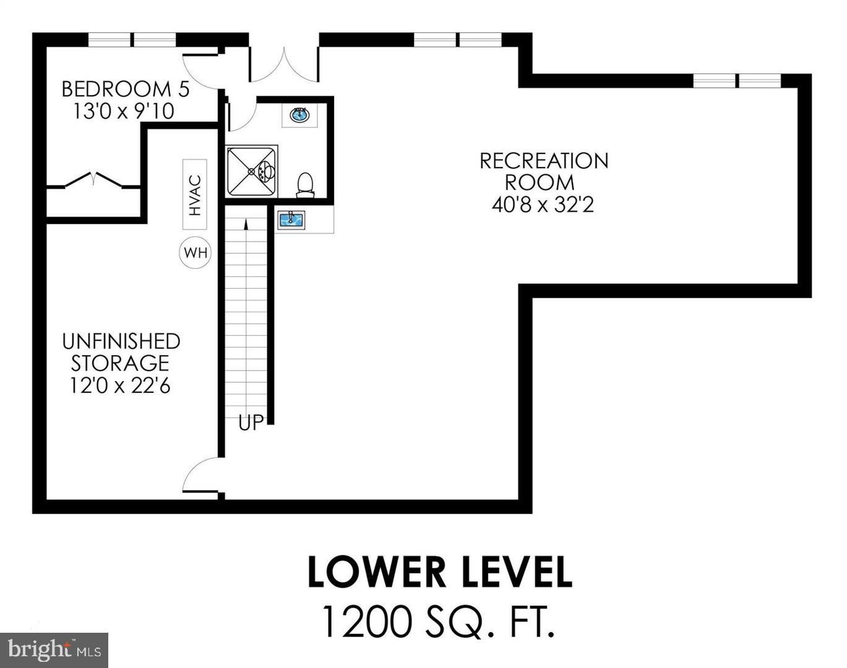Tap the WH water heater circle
click(196, 253)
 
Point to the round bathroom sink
click(300, 115)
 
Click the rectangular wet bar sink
click(291, 220)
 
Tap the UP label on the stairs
click(251, 423)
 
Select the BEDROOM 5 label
click(126, 89)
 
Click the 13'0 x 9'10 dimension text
click(124, 111)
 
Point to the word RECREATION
click(544, 161)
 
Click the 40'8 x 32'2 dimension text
click(543, 205)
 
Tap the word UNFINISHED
click(121, 341)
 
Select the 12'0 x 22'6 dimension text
click(120, 385)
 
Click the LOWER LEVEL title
click(439, 572)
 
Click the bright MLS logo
click(54, 649)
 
